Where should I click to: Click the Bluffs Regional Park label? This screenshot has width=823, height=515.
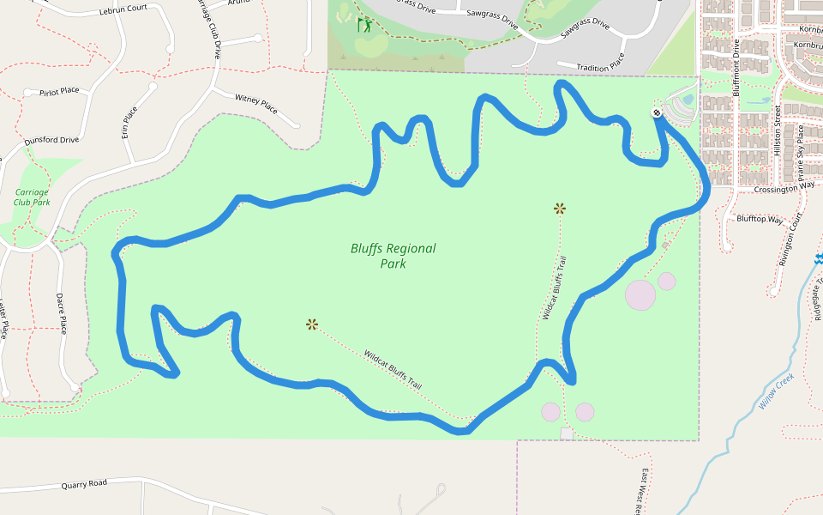(393, 256)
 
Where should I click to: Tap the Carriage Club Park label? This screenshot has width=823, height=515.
(32, 197)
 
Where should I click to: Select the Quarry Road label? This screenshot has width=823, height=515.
(84, 484)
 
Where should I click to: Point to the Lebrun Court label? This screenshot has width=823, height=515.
(123, 8)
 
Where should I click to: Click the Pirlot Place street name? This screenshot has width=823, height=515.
(59, 91)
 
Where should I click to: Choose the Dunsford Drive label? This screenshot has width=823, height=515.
(51, 139)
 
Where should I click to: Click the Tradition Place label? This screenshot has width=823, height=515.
(600, 67)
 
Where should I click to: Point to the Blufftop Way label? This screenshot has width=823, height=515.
(760, 220)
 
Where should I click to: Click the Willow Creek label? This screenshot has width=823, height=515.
(777, 391)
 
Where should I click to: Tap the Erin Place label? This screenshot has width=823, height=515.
(129, 122)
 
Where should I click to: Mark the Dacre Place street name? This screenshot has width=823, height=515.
(61, 312)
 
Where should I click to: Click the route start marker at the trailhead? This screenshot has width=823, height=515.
(657, 112)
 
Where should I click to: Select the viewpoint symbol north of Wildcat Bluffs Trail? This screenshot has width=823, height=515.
(560, 208)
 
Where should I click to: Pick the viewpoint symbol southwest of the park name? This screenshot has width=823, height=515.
(312, 324)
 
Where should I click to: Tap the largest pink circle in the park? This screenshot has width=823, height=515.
(640, 294)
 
